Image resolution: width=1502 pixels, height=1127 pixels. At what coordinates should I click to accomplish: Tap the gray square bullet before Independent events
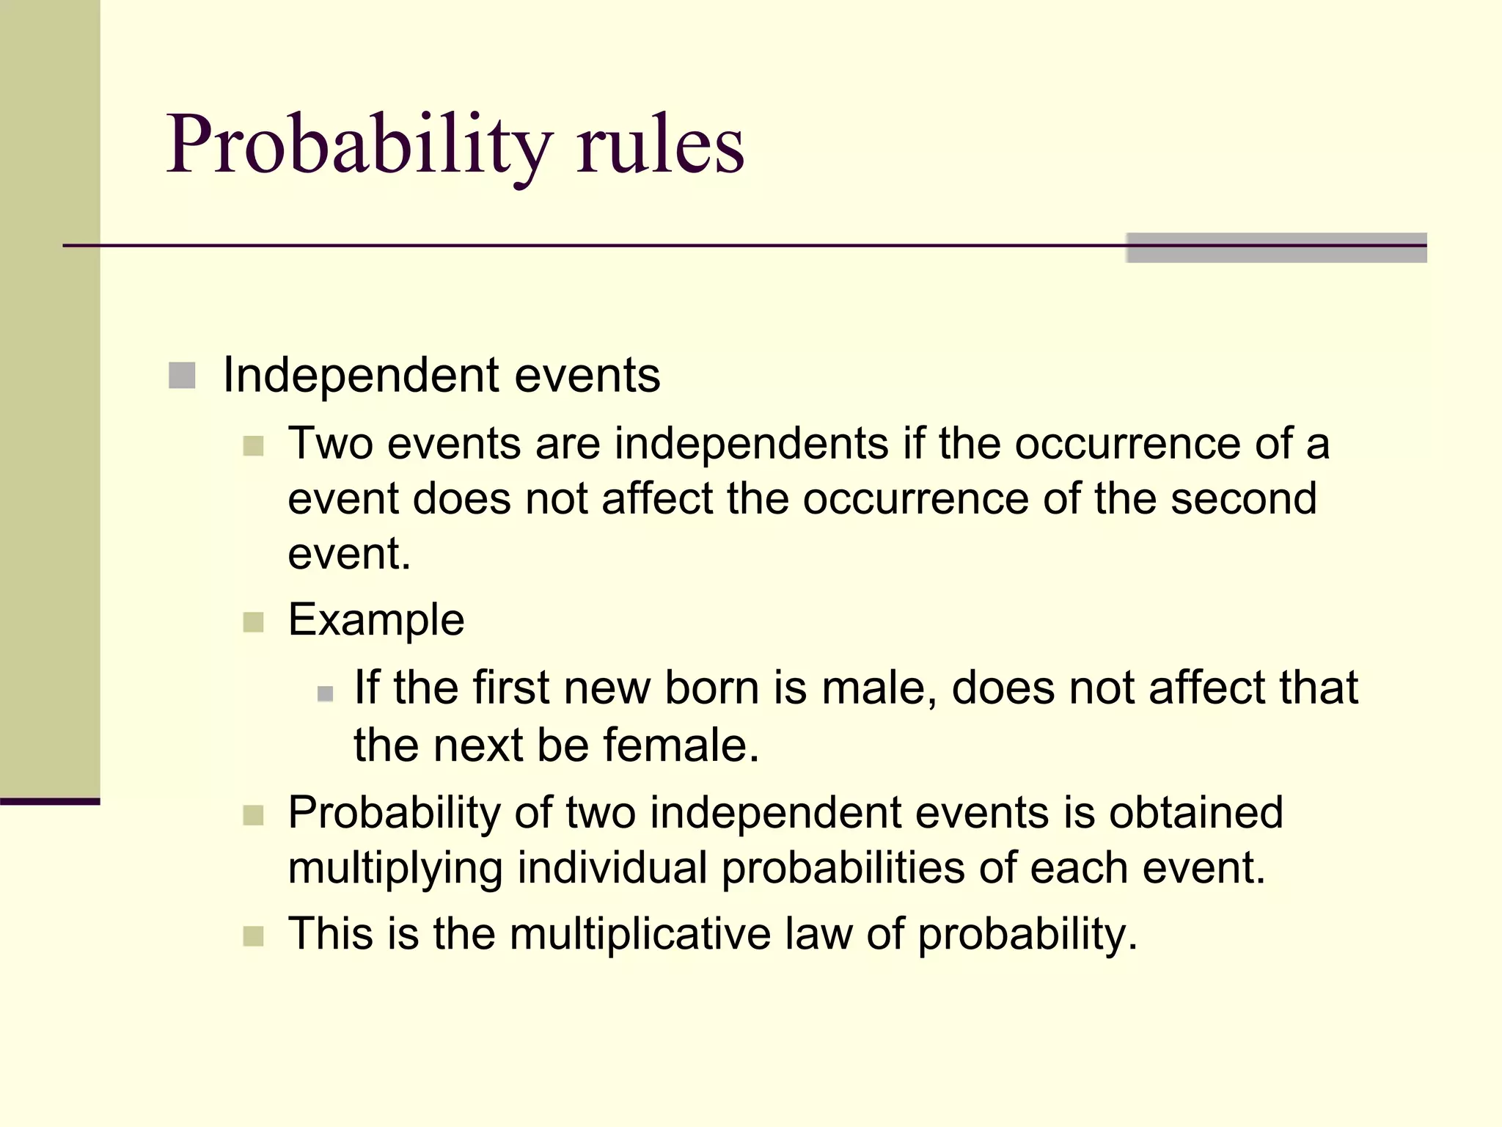(182, 376)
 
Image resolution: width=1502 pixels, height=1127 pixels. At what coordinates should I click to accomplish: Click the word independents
(751, 444)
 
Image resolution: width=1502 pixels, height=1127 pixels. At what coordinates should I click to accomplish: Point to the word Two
(330, 444)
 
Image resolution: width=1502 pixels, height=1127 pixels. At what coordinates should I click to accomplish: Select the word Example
(376, 621)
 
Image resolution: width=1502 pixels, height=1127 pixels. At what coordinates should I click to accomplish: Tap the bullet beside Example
(253, 622)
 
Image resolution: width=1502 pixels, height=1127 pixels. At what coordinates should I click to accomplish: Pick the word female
(681, 745)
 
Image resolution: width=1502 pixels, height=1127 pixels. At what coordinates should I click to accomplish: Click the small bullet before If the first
(326, 693)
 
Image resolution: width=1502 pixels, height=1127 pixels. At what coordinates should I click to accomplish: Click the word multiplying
(395, 869)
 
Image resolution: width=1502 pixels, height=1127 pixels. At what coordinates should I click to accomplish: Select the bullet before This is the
(253, 936)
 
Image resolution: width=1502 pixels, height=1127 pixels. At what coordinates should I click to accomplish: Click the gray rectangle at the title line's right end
(1276, 247)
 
